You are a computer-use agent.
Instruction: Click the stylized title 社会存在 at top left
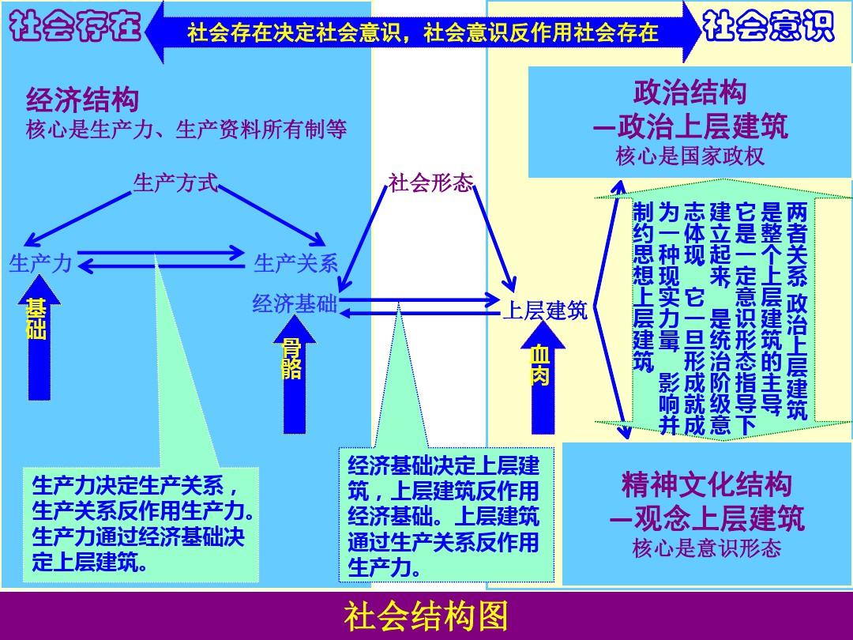coord(76,28)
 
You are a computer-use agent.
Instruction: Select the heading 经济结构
coord(82,100)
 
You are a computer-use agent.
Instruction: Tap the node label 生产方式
coord(175,183)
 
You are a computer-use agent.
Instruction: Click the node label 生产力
coord(41,263)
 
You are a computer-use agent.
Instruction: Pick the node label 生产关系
coord(296,263)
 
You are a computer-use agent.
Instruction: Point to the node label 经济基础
coord(294,304)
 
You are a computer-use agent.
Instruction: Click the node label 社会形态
coord(430,184)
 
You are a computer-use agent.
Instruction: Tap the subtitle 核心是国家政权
coord(690,156)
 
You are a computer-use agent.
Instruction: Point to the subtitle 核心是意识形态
coord(706,548)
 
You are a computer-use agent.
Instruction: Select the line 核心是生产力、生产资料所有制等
coord(186,129)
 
